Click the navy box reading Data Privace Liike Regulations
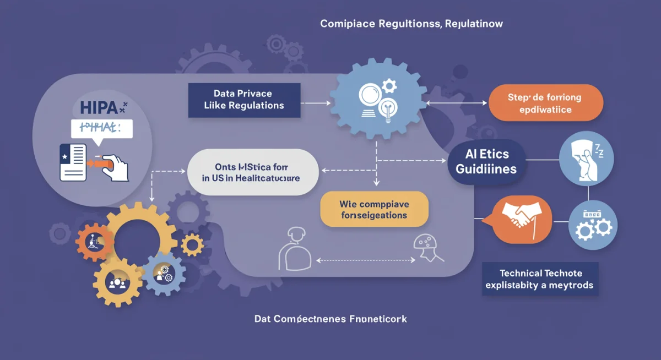point(244,100)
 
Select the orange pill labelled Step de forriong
point(546,103)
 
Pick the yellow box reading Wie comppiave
point(374,209)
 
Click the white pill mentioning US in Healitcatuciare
point(252,172)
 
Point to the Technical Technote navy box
point(540,279)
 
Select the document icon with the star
point(73,161)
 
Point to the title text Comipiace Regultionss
point(410,24)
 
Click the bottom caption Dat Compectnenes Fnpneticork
point(330,318)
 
